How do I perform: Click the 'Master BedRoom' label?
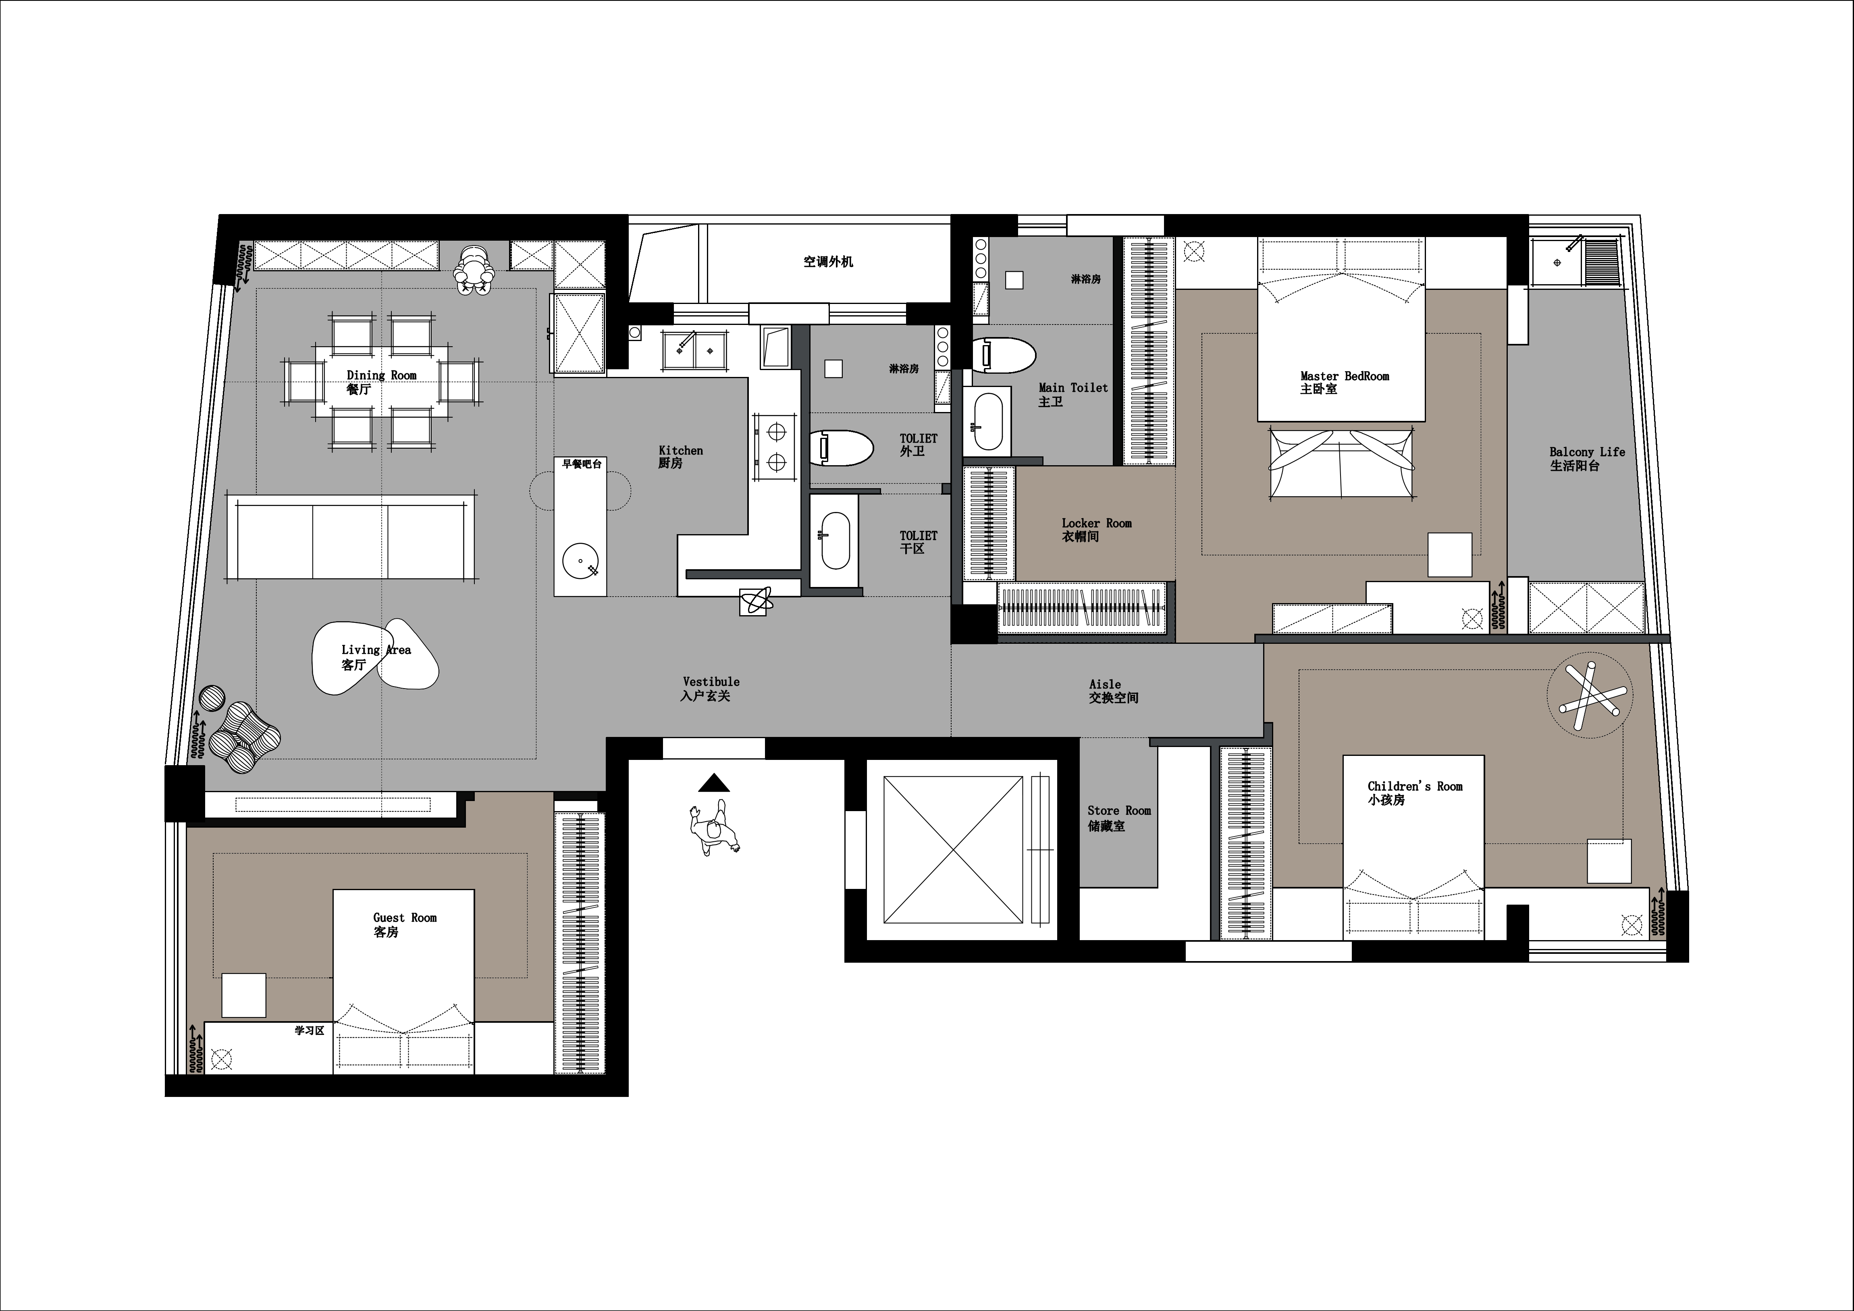tap(1345, 377)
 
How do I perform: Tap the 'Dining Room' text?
tap(381, 376)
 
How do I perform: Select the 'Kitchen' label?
tap(681, 451)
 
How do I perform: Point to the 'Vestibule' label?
tap(711, 682)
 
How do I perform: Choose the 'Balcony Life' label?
tap(1587, 452)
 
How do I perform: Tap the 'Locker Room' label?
tap(1097, 523)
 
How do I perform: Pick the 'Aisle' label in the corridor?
tap(1105, 684)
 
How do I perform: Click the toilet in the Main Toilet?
tap(1004, 355)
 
